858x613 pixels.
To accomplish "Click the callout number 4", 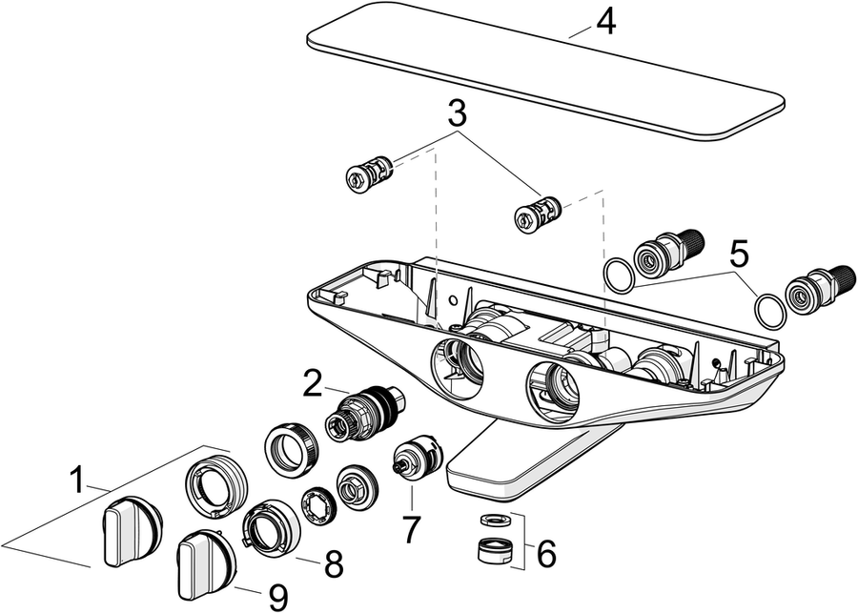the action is tap(605, 24).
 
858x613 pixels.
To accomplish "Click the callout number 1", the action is tap(77, 480).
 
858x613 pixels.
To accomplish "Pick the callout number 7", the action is tap(411, 530).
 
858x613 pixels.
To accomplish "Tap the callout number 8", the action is tap(334, 563).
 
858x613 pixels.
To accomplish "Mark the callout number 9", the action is tap(278, 597).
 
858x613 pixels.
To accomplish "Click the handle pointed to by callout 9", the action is tap(207, 563).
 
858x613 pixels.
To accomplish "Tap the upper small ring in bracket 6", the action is tap(495, 519).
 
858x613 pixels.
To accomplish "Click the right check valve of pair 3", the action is tap(538, 213).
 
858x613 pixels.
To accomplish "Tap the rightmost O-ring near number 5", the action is tap(770, 312).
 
